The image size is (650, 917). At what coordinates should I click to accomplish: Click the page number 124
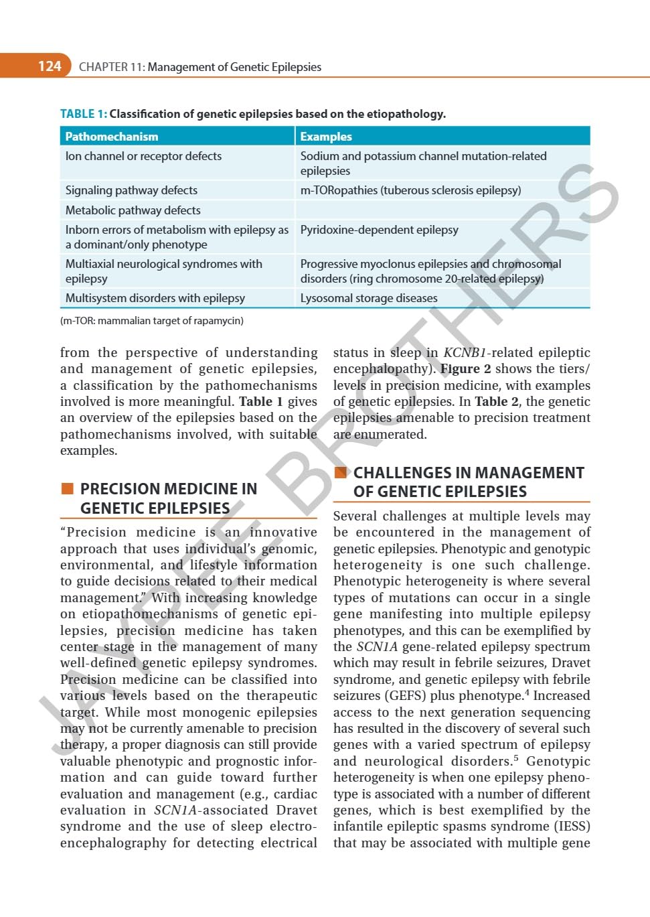coord(50,66)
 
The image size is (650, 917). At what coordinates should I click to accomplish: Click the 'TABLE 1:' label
coord(83,114)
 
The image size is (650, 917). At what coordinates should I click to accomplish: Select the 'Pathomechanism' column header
coord(112,137)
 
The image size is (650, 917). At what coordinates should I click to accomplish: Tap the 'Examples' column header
coord(326,137)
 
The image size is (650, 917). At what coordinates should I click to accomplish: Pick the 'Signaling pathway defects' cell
coord(131,190)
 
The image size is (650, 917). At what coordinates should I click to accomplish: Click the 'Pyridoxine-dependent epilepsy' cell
coord(379,230)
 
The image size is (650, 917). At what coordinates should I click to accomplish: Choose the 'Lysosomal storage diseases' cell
coord(368,298)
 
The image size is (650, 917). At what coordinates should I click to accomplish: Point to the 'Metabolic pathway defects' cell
coord(133,210)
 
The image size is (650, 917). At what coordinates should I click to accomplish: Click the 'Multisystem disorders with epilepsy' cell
coord(155,298)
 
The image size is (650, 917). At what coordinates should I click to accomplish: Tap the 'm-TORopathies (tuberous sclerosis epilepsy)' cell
coord(410,190)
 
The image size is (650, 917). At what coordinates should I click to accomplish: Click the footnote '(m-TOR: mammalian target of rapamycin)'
coord(152,321)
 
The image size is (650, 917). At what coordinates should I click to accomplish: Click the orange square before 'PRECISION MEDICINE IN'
coord(67,488)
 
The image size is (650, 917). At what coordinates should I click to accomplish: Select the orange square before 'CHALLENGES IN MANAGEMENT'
coord(341,472)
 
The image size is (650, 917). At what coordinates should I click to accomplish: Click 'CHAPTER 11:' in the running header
coord(111,67)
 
